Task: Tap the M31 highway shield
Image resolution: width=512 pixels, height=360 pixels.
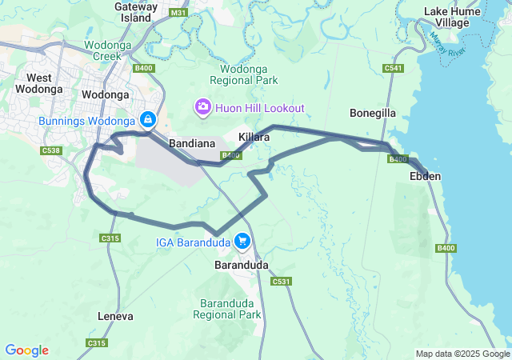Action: click(x=179, y=12)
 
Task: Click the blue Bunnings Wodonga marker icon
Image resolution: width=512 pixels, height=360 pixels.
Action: click(x=147, y=119)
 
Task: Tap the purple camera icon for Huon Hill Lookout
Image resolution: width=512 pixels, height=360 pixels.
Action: click(x=203, y=106)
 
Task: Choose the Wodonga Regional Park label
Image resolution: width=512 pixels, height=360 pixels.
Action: click(x=243, y=74)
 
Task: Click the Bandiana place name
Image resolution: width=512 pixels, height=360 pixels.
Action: click(x=193, y=143)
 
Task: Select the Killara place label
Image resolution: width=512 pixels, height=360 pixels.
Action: click(x=254, y=138)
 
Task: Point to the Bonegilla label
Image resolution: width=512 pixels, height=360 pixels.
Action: click(x=373, y=113)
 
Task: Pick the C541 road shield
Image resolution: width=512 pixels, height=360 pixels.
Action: click(x=393, y=69)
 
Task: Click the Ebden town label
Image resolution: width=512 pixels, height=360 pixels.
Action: click(x=425, y=175)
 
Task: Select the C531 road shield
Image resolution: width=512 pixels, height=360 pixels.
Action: click(x=281, y=282)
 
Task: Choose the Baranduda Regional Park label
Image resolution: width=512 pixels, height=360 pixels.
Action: click(x=228, y=308)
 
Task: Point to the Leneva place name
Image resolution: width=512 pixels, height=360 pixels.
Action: click(x=115, y=316)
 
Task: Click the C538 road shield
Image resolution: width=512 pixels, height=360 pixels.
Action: click(x=51, y=150)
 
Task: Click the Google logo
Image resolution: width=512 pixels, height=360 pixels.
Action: click(x=26, y=350)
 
